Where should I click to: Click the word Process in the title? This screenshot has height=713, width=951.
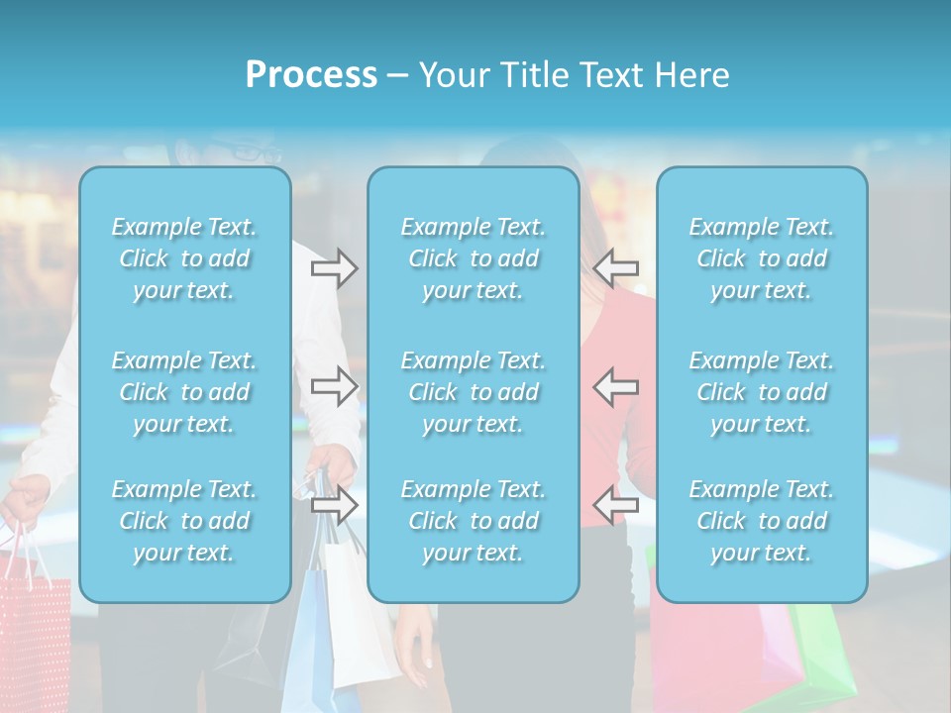coord(311,75)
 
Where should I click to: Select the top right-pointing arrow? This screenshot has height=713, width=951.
coord(335,267)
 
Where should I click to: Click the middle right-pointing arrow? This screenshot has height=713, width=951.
coord(335,385)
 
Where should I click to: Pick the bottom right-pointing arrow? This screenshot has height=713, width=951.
coord(335,505)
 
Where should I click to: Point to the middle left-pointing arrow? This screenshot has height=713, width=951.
coord(616,385)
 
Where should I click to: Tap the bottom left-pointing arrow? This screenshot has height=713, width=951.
coord(616,505)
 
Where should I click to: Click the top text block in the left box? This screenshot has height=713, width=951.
coord(184,258)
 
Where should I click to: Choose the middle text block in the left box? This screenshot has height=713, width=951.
coord(184,392)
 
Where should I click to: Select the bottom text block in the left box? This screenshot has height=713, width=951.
coord(184,521)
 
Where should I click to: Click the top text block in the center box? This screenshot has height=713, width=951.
coord(474,258)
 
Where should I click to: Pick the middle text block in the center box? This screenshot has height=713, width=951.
coord(474,392)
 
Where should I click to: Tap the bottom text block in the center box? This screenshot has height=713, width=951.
coord(474,521)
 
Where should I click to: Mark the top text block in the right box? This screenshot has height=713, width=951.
coord(762,258)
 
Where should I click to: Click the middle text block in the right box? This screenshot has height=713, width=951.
coord(762,392)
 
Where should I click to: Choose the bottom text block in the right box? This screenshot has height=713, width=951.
coord(762,521)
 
